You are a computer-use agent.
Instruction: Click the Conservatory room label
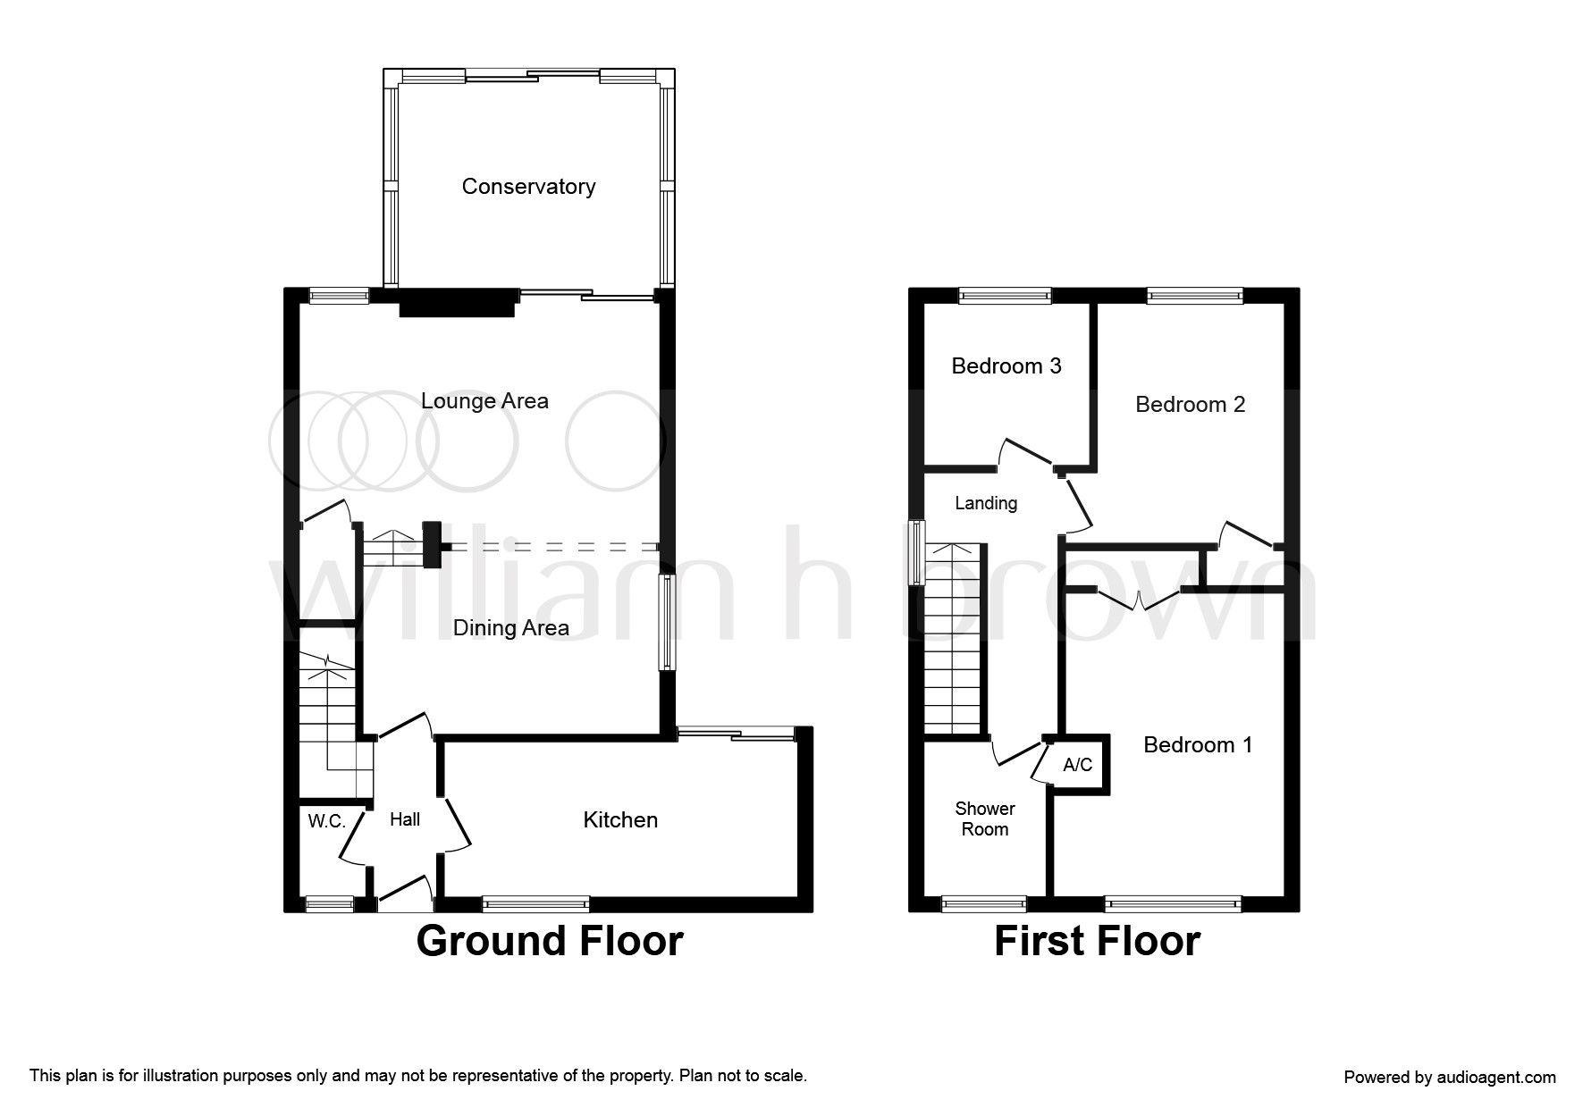(528, 187)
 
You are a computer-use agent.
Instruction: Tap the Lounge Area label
(484, 401)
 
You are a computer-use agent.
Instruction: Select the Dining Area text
(510, 628)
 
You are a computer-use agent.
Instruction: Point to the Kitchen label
(620, 820)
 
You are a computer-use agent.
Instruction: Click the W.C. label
(326, 821)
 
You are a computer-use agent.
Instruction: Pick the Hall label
(405, 819)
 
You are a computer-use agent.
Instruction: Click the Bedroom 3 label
(1006, 366)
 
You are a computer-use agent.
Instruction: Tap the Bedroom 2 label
(1190, 405)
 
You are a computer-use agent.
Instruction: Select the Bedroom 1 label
(1198, 745)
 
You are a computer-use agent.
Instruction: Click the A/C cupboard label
(1077, 765)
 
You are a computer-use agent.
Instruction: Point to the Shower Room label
(985, 818)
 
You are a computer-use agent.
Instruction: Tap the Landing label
(986, 503)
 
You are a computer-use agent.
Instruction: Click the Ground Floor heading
(550, 941)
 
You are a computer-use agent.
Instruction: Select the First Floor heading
(1097, 941)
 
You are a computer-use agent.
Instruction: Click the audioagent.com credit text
(1450, 1078)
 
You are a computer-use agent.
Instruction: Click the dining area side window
(667, 622)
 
